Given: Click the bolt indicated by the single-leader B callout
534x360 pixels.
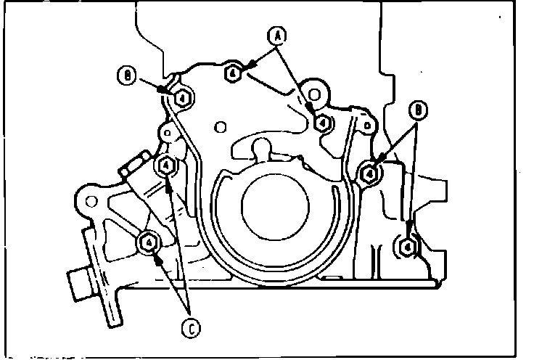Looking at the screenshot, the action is [x=182, y=97].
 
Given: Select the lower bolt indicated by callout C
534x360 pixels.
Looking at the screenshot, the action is [x=149, y=242].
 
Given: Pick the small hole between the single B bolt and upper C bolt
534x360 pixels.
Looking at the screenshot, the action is [x=165, y=134].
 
